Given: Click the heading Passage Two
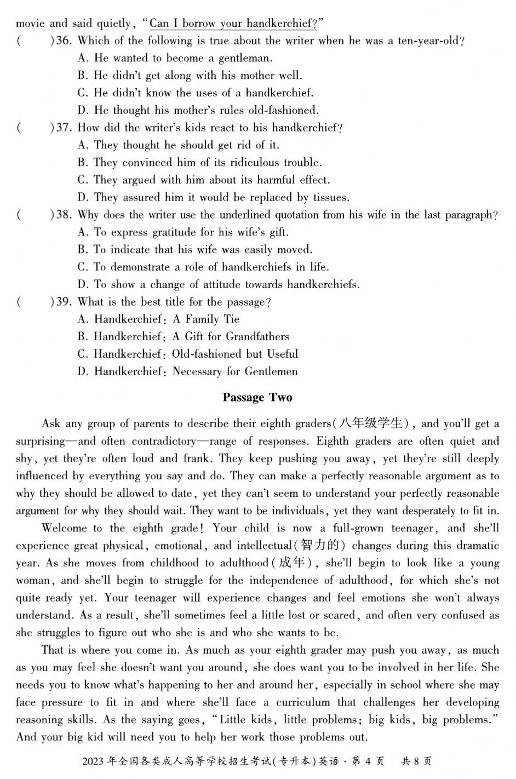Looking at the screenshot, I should (257, 398).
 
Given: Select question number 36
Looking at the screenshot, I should (64, 41).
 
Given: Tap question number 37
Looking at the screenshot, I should (64, 128).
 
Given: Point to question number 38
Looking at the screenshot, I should (64, 215).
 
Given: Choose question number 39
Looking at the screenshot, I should (64, 302).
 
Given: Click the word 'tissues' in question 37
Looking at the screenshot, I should (330, 197).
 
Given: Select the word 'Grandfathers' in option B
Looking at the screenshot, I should (257, 336).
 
